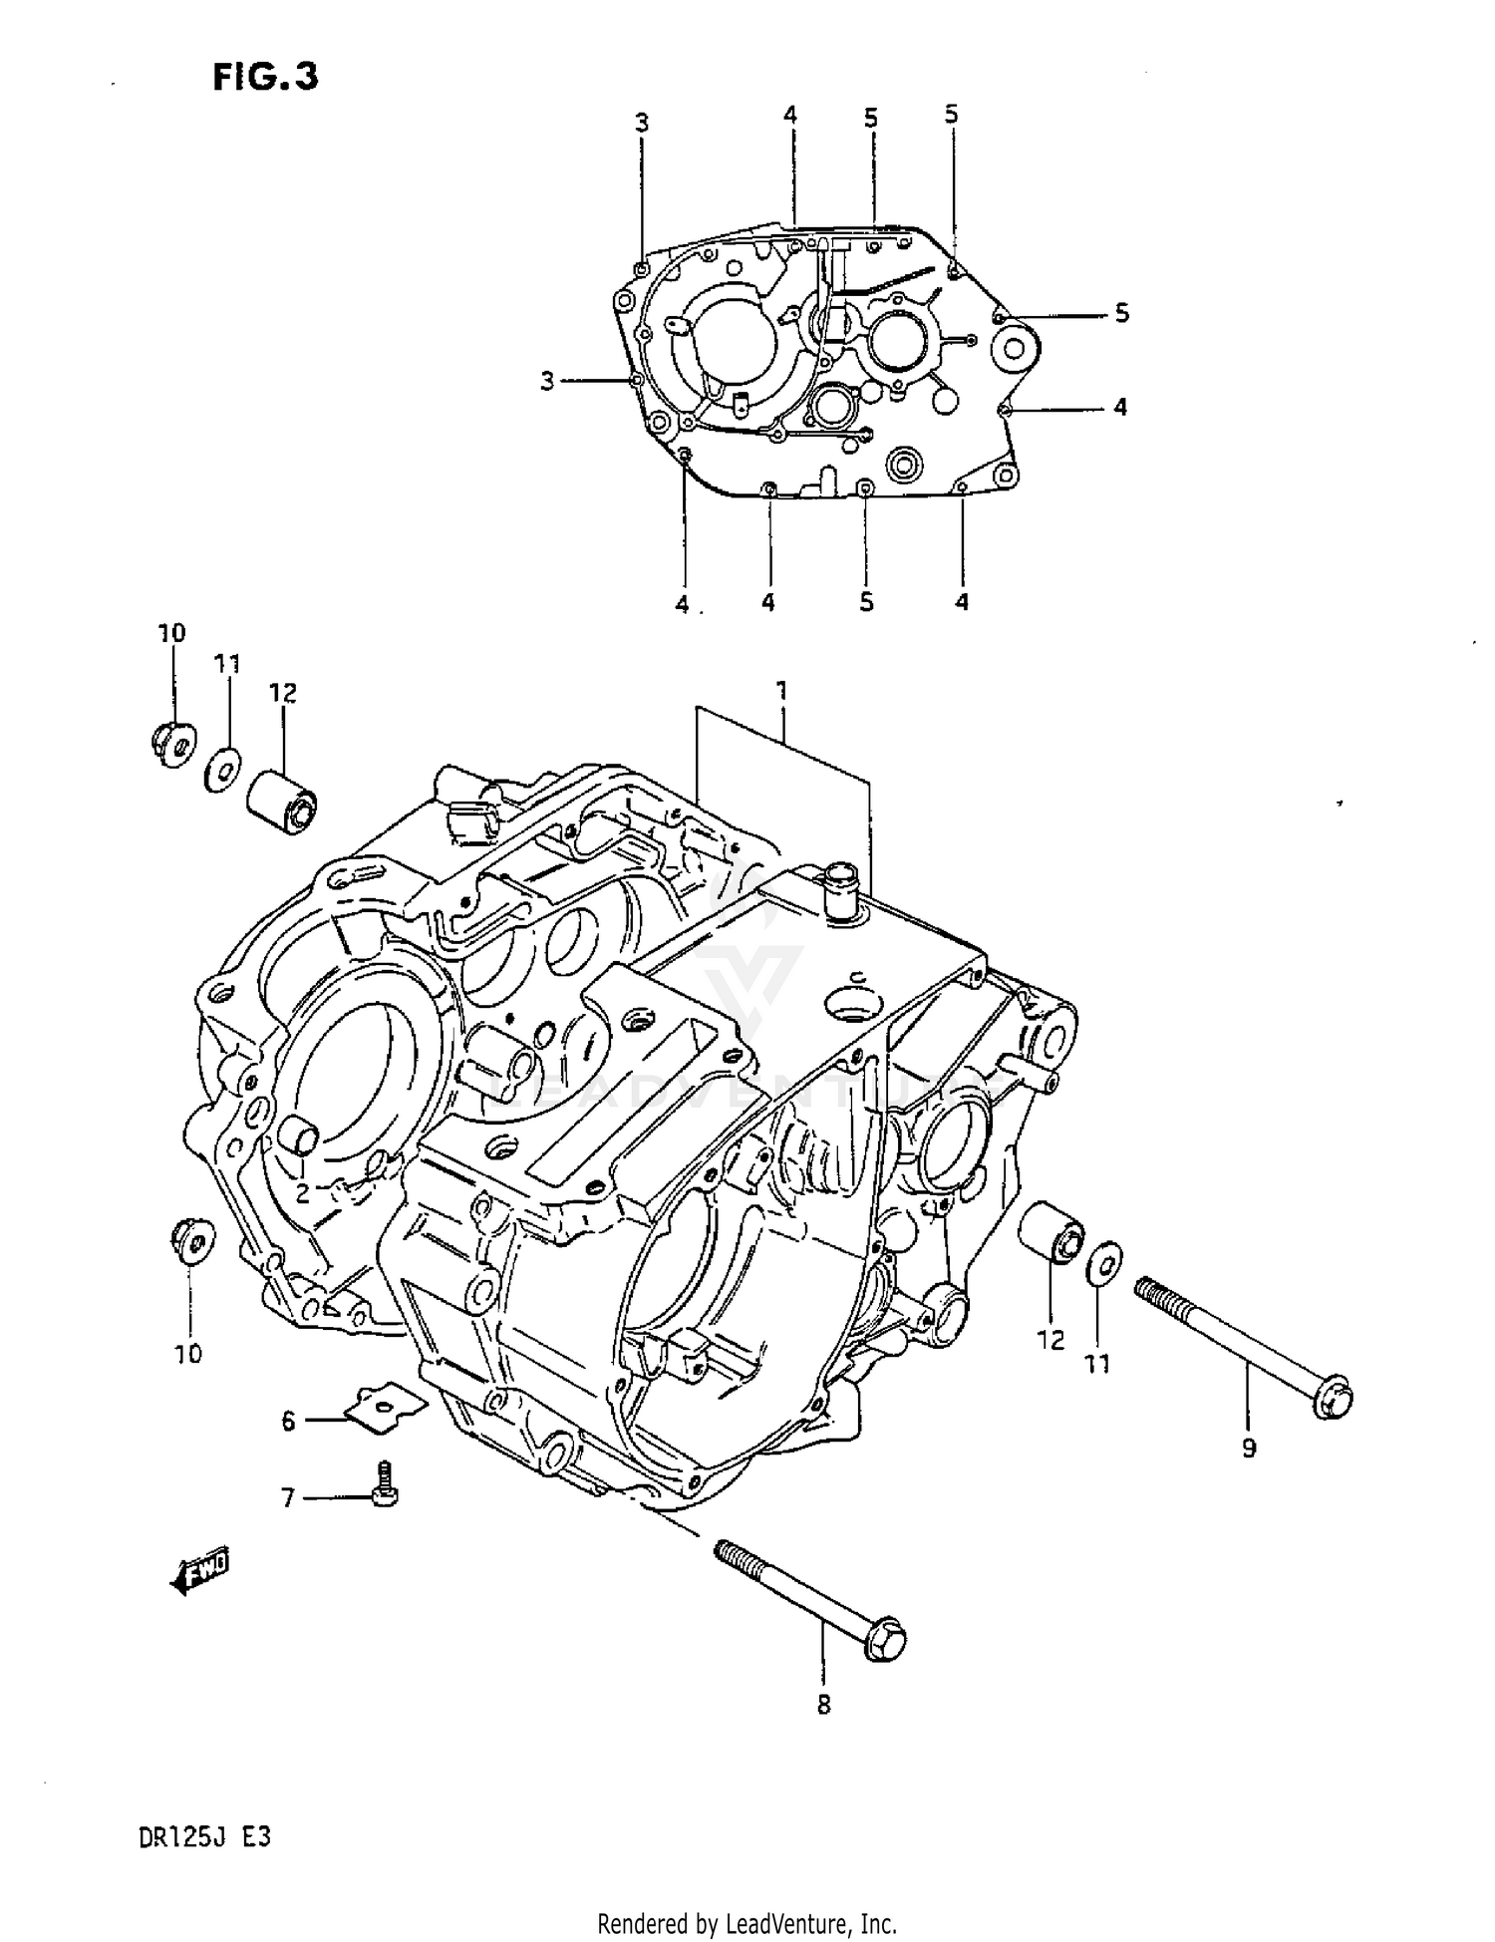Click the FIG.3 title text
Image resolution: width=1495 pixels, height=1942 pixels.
(x=265, y=77)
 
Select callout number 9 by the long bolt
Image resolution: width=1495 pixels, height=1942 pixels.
(x=1249, y=1448)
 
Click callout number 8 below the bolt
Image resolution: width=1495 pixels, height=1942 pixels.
(x=823, y=1705)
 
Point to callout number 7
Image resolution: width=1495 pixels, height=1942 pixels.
(x=288, y=1498)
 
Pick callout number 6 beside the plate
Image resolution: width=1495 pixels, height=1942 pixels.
(x=288, y=1421)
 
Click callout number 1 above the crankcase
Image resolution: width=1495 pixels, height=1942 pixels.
(x=782, y=690)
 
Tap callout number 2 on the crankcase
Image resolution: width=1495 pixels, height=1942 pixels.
(x=302, y=1191)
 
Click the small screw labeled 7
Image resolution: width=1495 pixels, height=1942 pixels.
(x=384, y=1484)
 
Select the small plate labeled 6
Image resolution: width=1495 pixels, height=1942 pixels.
(x=385, y=1407)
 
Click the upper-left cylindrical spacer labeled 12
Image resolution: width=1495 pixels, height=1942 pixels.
(x=282, y=801)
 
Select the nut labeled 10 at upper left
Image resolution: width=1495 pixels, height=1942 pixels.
(x=172, y=745)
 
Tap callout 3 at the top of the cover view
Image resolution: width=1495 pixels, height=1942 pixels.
(x=641, y=123)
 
